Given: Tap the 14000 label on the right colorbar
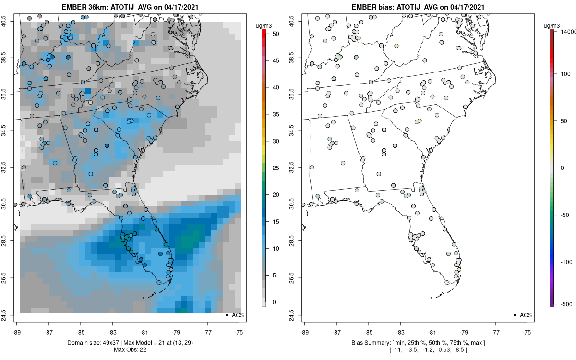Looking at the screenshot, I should [x=567, y=31].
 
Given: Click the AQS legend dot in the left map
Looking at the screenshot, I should [x=226, y=315].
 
